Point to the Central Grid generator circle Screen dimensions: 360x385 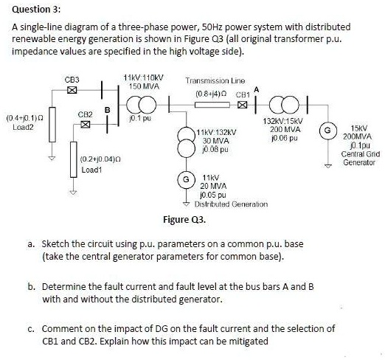coord(324,131)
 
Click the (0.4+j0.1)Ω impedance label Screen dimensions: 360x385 coord(23,117)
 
